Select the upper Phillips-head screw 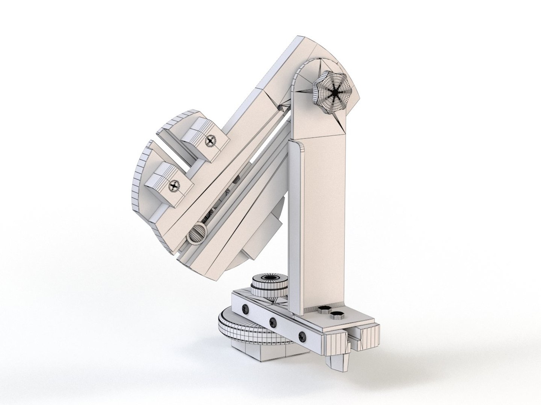[x=211, y=141]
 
